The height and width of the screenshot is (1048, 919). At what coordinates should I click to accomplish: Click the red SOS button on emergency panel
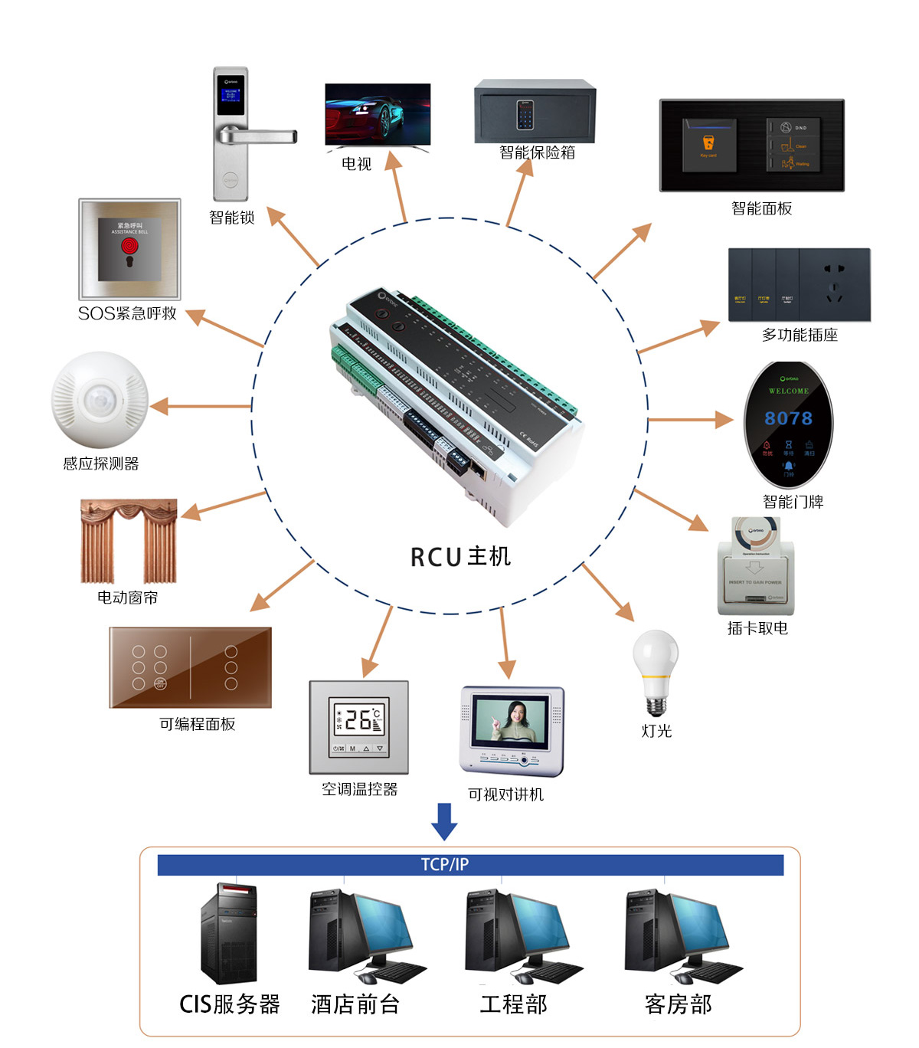pos(129,247)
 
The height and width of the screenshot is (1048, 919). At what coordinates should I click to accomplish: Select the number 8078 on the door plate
pos(788,418)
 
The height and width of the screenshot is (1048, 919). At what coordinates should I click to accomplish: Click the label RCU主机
pos(460,557)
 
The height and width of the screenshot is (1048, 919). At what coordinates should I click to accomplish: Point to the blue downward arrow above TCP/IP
pos(444,821)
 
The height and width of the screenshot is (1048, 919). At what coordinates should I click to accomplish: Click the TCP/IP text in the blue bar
pos(444,865)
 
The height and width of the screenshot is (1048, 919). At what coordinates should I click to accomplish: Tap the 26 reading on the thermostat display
pos(358,719)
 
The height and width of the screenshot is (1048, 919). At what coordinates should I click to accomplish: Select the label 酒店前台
pos(355,1004)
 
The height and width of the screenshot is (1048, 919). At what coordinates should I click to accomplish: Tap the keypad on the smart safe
pos(525,115)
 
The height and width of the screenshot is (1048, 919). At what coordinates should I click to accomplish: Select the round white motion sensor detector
pos(100,400)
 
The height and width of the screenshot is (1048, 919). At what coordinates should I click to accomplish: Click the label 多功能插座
pos(800,335)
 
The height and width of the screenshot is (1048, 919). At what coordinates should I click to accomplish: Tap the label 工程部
pos(514,1004)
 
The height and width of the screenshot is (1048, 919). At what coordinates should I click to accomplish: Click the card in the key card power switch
pos(756,533)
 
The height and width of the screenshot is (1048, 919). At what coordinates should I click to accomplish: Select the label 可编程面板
pos(197,724)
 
